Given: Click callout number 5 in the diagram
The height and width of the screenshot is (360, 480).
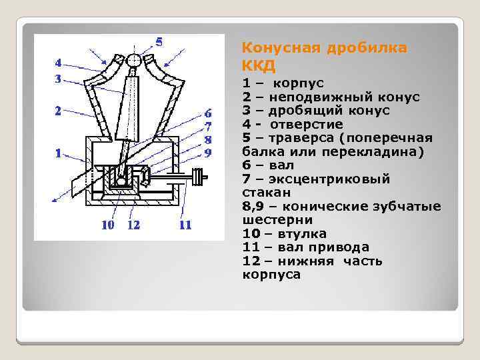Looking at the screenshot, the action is pos(159,41).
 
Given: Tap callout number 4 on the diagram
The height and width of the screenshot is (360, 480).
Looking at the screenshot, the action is pos(59,63).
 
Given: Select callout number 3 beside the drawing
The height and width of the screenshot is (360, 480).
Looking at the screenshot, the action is pos(59,79).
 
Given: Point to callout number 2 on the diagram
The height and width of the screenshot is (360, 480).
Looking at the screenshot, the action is pos(59,111).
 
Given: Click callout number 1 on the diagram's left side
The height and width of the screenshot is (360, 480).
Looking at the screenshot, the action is pos(59,153).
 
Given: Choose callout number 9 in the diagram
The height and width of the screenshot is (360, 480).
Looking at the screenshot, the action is pos(208,152).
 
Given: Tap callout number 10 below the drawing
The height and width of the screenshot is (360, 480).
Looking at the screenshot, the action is pos(107,225).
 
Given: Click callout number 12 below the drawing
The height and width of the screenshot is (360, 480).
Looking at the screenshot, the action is pos(133,225).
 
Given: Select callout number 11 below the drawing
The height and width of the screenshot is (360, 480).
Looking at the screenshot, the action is pos(185,225).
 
